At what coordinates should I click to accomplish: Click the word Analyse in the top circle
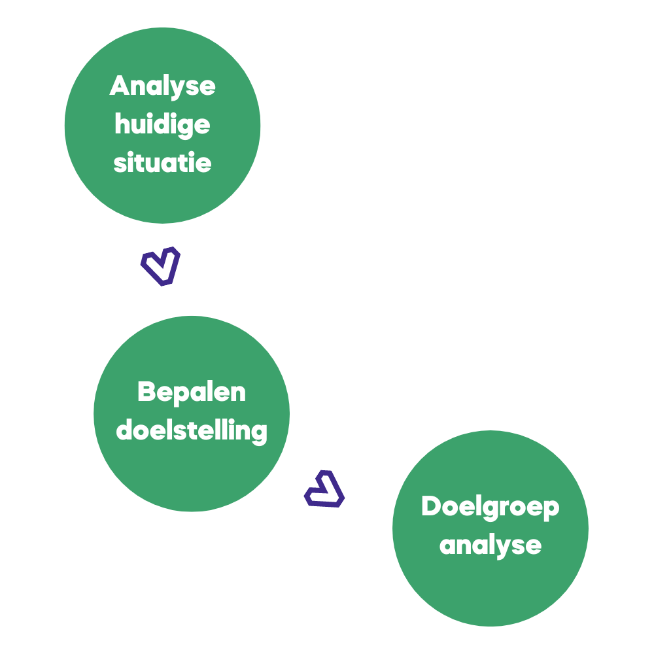tap(162, 86)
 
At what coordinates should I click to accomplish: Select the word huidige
tap(162, 124)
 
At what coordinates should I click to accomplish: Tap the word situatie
tap(162, 162)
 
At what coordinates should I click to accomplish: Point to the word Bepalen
tap(192, 393)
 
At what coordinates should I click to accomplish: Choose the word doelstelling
tap(192, 430)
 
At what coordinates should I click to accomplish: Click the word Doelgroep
tap(490, 508)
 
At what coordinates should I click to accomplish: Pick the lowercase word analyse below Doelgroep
tap(490, 545)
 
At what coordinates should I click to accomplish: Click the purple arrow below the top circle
tap(161, 266)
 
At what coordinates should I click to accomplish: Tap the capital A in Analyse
tap(120, 86)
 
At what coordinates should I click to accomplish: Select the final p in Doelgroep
tap(551, 510)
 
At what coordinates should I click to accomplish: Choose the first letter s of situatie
tap(119, 163)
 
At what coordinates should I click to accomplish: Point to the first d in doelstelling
tap(125, 430)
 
